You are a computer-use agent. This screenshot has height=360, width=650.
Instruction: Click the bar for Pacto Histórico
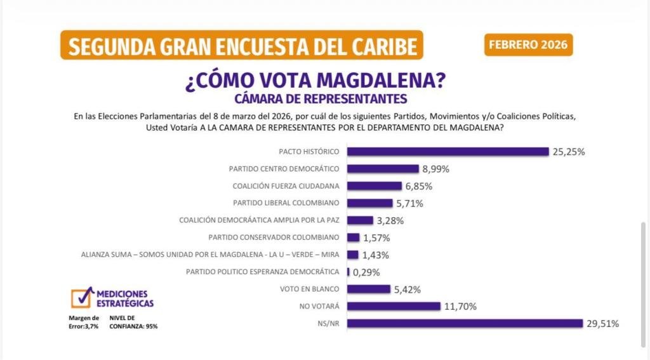coord(448,152)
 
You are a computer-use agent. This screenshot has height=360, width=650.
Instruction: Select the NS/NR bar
coord(465,323)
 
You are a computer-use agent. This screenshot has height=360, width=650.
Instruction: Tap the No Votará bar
coord(394,306)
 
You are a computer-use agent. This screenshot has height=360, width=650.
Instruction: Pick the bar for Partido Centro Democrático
coord(383,169)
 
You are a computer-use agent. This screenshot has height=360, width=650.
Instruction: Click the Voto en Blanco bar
coord(369,289)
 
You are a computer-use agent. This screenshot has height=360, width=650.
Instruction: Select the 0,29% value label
coord(366,272)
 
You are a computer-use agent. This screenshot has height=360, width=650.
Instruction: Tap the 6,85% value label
coord(420,187)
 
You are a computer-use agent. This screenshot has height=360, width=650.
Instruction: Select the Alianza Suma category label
coord(211,255)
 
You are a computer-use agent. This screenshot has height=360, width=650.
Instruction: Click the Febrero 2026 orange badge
coord(528,45)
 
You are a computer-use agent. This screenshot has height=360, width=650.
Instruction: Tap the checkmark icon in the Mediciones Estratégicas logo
coord(81,297)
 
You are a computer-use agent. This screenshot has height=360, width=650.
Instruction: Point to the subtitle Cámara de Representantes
coord(321,99)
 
